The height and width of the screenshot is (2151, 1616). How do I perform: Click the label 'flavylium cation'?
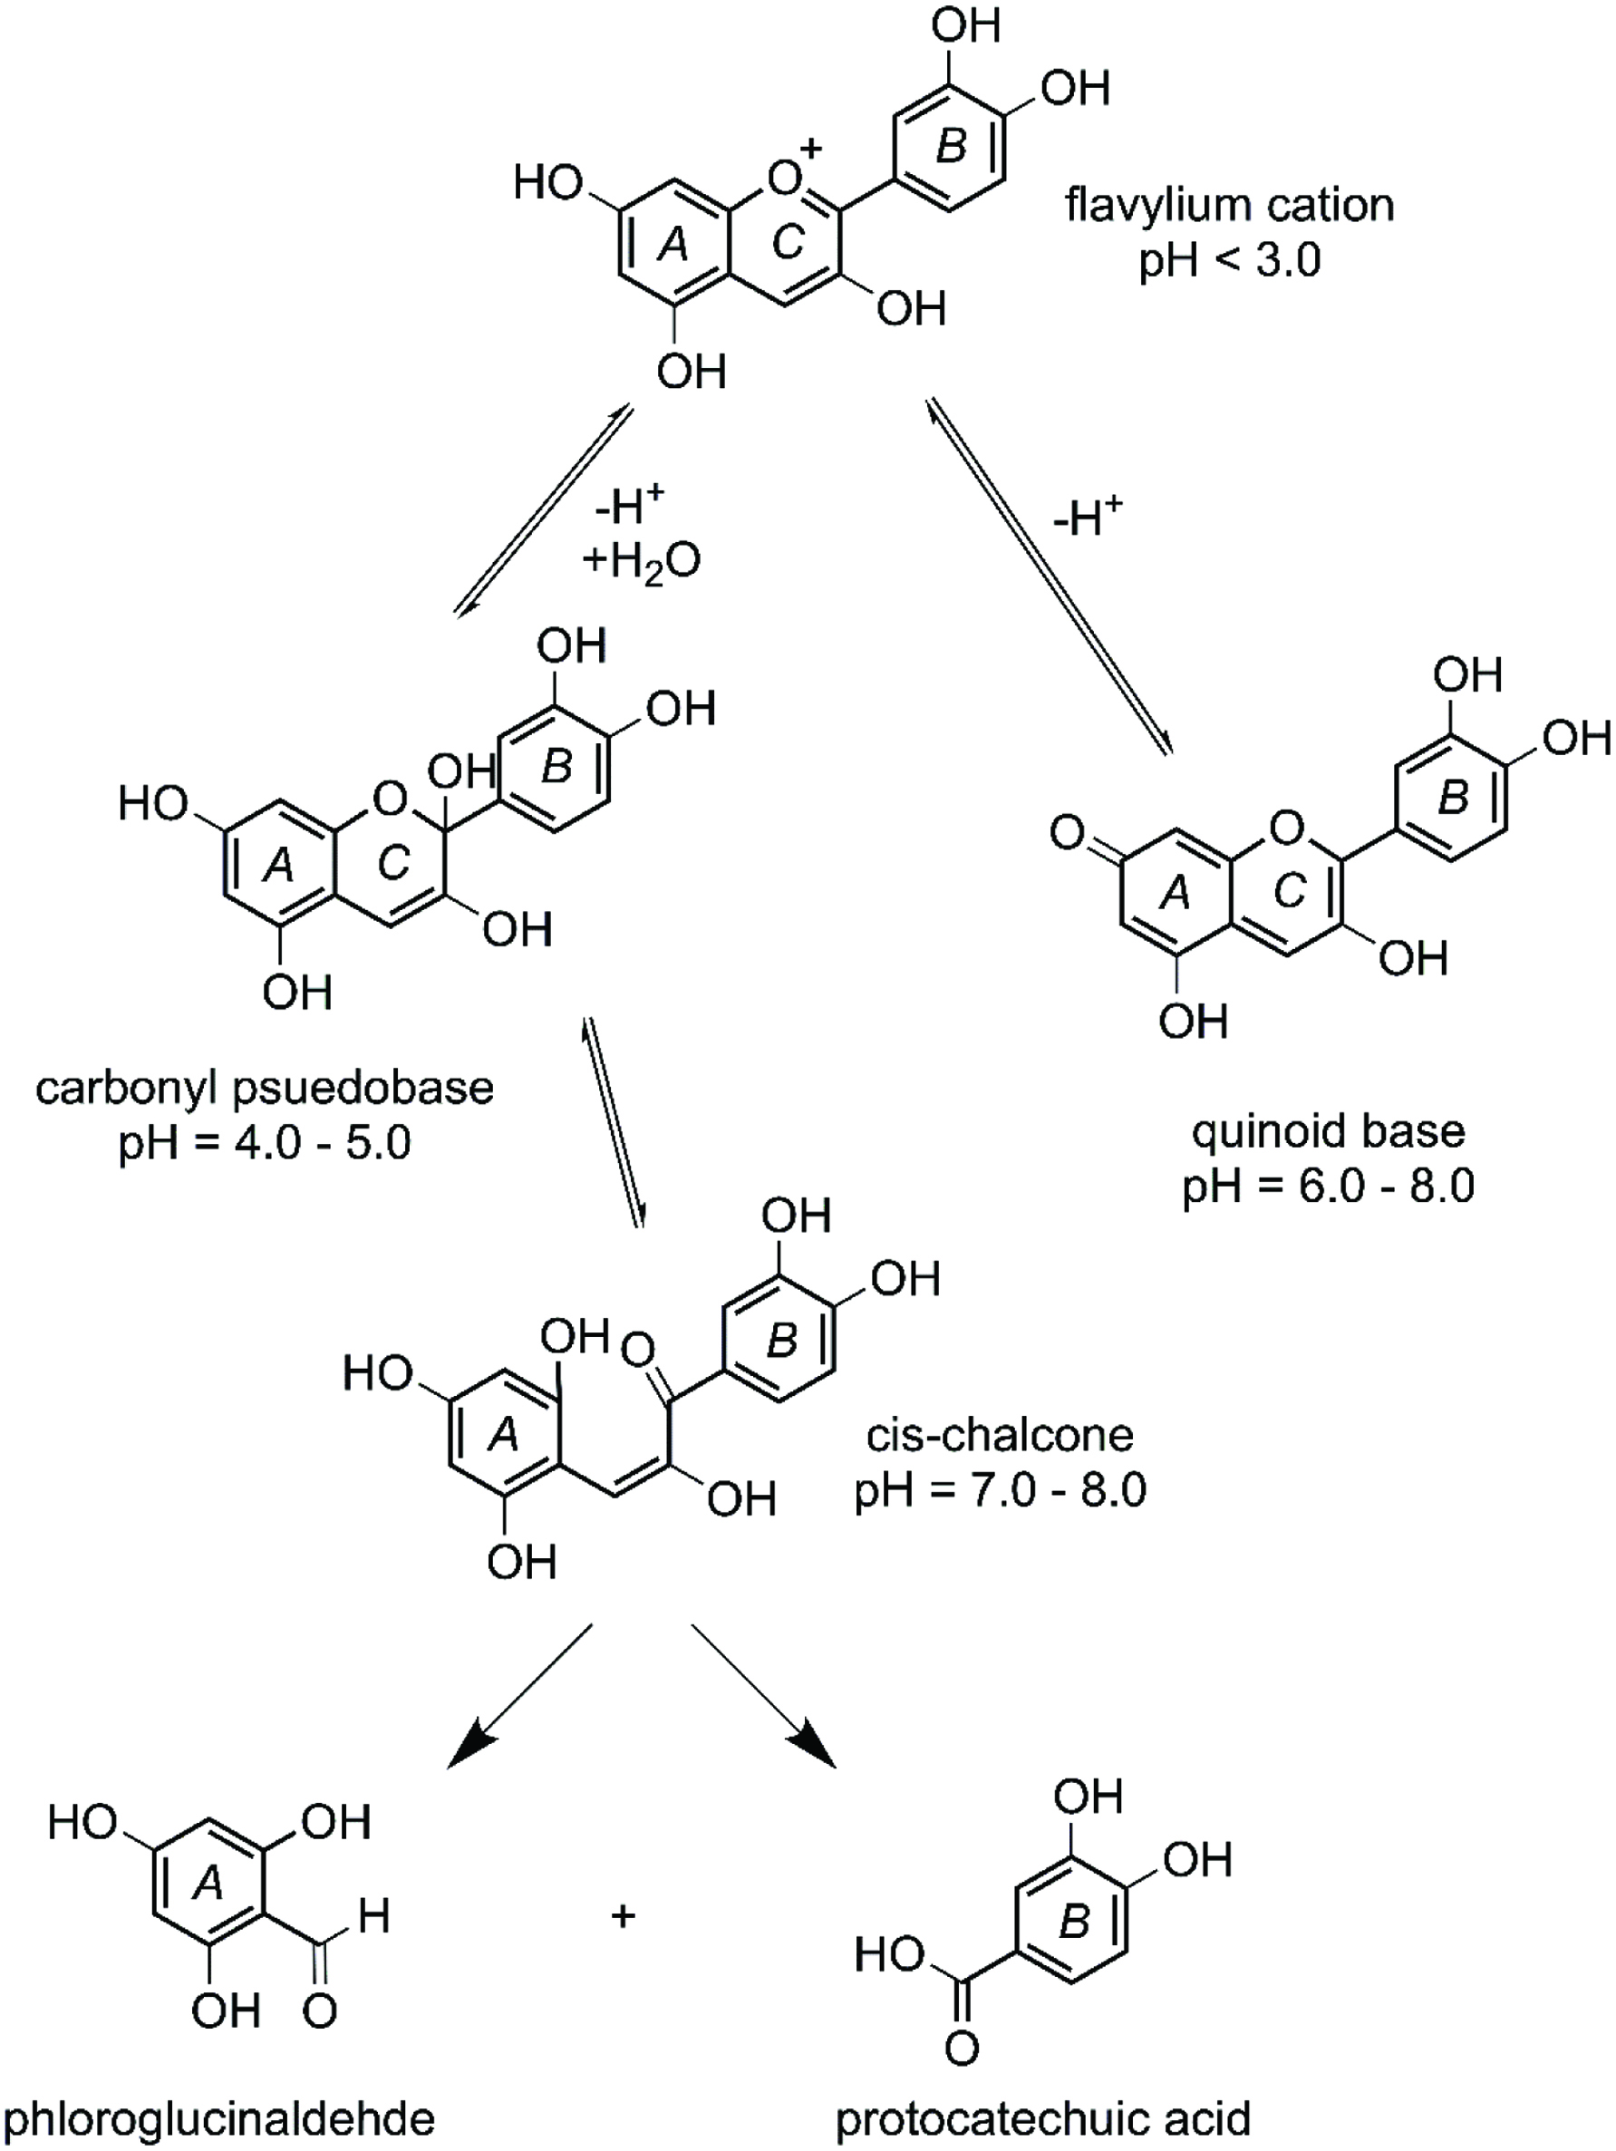point(1229,205)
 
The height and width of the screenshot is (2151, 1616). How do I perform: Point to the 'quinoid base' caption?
point(1328,1130)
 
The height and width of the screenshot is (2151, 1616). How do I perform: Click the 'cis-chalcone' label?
point(1000,1434)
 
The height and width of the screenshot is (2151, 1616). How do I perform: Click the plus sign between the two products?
point(624,1915)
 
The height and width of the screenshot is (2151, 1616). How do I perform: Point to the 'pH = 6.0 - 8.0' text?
point(1328,1186)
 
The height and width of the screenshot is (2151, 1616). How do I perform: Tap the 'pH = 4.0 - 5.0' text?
point(265,1143)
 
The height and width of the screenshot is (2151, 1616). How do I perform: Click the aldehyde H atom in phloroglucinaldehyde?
point(373,1915)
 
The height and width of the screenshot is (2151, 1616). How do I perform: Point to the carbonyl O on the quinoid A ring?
point(1067,833)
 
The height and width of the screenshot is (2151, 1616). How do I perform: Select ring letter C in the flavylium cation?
point(787,243)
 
